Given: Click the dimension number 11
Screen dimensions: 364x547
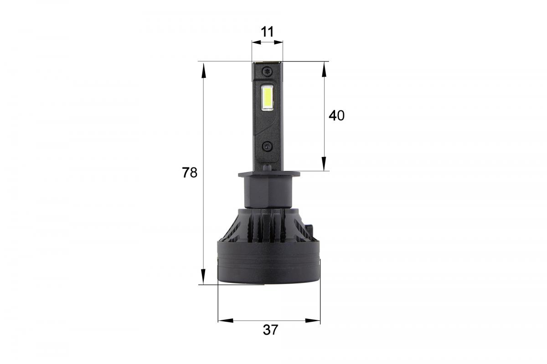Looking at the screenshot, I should pyautogui.click(x=267, y=31).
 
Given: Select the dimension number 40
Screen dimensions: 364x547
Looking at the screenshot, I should pyautogui.click(x=336, y=116).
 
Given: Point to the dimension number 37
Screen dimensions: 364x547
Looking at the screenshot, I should pyautogui.click(x=270, y=330).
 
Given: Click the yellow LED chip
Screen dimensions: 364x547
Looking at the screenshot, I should pyautogui.click(x=267, y=98).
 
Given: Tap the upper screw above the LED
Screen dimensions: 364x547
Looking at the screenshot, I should pyautogui.click(x=267, y=71).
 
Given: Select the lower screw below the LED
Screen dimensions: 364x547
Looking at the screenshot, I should pyautogui.click(x=267, y=146).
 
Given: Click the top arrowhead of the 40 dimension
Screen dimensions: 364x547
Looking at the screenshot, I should pyautogui.click(x=324, y=69).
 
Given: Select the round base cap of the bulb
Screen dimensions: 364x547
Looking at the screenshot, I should pyautogui.click(x=268, y=266).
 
